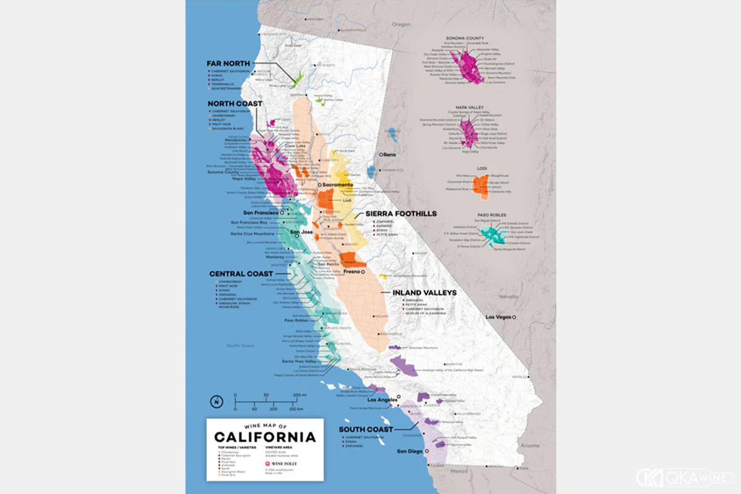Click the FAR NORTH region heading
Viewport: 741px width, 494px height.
tap(228, 64)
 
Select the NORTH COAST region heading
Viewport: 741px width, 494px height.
tap(234, 104)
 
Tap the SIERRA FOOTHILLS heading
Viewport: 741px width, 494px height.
tap(401, 214)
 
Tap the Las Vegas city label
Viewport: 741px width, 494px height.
tap(500, 317)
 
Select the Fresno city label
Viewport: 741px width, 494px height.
tap(352, 272)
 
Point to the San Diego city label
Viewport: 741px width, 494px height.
tap(410, 451)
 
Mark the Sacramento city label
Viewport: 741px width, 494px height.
tap(335, 185)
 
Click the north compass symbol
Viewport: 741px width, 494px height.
tap(217, 401)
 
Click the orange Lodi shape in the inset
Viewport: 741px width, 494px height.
tap(482, 185)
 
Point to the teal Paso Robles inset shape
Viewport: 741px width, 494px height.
tap(491, 235)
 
